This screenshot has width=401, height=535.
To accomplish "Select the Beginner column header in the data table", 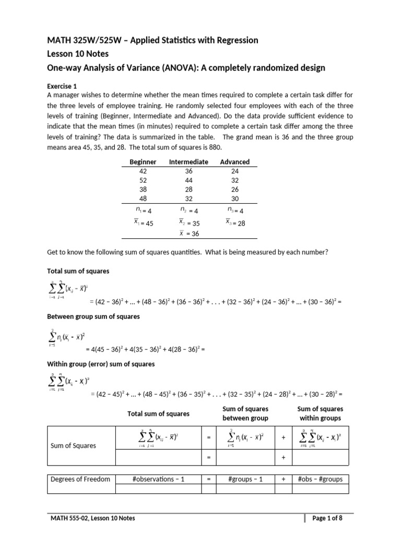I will [143, 162].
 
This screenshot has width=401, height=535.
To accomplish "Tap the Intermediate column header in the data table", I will [188, 162].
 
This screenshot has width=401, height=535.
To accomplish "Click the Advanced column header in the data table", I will [235, 162].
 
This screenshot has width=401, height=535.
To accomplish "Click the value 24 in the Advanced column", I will [235, 171].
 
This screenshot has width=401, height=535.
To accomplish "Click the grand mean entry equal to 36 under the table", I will [189, 234].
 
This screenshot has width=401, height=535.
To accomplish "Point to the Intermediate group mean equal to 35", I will [189, 223].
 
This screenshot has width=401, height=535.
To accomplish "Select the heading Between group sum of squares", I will [93, 317].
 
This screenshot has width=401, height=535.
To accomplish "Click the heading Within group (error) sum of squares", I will [101, 364].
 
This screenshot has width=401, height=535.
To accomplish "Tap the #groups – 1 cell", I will [244, 479].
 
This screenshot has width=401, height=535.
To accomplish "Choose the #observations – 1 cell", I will [159, 479].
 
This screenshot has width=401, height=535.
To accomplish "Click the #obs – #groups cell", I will [320, 479].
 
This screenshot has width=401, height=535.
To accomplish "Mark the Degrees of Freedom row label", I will [80, 479].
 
